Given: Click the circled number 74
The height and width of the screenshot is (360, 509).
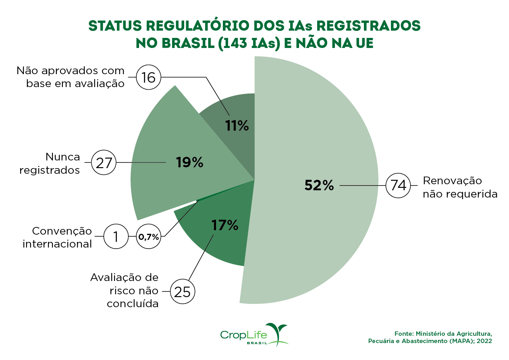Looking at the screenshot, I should (398, 186).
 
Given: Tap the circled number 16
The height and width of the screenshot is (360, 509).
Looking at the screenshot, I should (148, 77).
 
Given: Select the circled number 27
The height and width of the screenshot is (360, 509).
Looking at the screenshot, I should (104, 163).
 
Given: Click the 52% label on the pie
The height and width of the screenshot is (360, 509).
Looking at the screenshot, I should (319, 185).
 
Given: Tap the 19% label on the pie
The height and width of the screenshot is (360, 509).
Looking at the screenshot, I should (189, 162).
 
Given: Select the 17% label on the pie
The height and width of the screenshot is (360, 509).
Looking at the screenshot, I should (224, 225).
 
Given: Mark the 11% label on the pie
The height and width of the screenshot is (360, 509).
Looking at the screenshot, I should (237, 126).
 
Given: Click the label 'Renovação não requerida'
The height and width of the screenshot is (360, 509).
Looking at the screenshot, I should (460, 187).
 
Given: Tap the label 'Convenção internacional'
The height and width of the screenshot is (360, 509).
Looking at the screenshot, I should (57, 237).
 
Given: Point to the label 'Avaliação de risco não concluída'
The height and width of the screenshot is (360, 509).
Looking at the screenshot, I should (125, 291).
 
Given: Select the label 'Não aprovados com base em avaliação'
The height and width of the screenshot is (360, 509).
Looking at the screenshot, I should (70, 77).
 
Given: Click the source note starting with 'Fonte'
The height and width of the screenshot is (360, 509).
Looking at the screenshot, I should (430, 337).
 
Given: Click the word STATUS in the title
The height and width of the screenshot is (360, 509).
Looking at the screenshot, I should (114, 25).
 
